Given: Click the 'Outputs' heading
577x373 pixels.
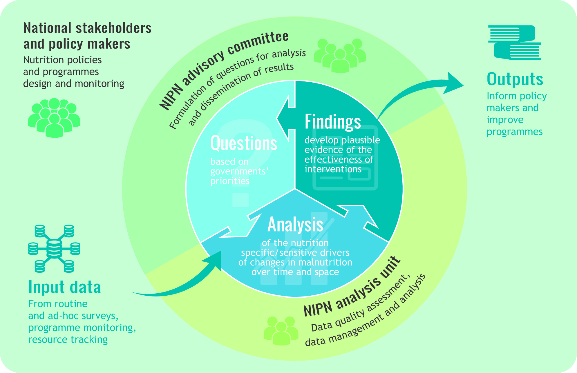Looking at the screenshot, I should pyautogui.click(x=515, y=79).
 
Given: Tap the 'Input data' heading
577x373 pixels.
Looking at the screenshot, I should pyautogui.click(x=65, y=287).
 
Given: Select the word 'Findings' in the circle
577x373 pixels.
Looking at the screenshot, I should pyautogui.click(x=333, y=122).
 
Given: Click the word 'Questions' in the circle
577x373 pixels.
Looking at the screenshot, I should pyautogui.click(x=244, y=143).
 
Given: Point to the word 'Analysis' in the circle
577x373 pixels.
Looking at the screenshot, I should pyautogui.click(x=295, y=225).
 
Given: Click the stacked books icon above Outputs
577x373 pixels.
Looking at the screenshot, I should pyautogui.click(x=514, y=42).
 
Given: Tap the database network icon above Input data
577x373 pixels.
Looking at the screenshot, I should pyautogui.click(x=54, y=249).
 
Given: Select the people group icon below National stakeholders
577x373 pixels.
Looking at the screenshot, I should pyautogui.click(x=54, y=117).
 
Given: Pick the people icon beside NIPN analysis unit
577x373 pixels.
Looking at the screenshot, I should pyautogui.click(x=281, y=330).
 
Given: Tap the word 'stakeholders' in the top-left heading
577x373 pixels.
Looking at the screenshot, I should pyautogui.click(x=113, y=28).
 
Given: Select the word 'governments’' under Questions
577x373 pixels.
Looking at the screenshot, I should pyautogui.click(x=239, y=171).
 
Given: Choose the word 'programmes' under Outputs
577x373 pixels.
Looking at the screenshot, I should pyautogui.click(x=514, y=132).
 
